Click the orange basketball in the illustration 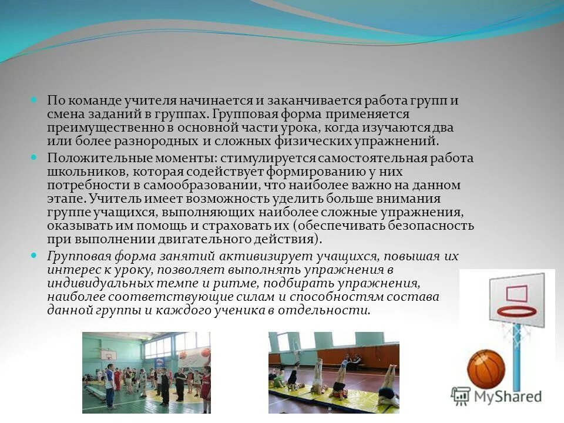(486, 370)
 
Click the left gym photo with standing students (146, 372)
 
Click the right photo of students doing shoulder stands (334, 372)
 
